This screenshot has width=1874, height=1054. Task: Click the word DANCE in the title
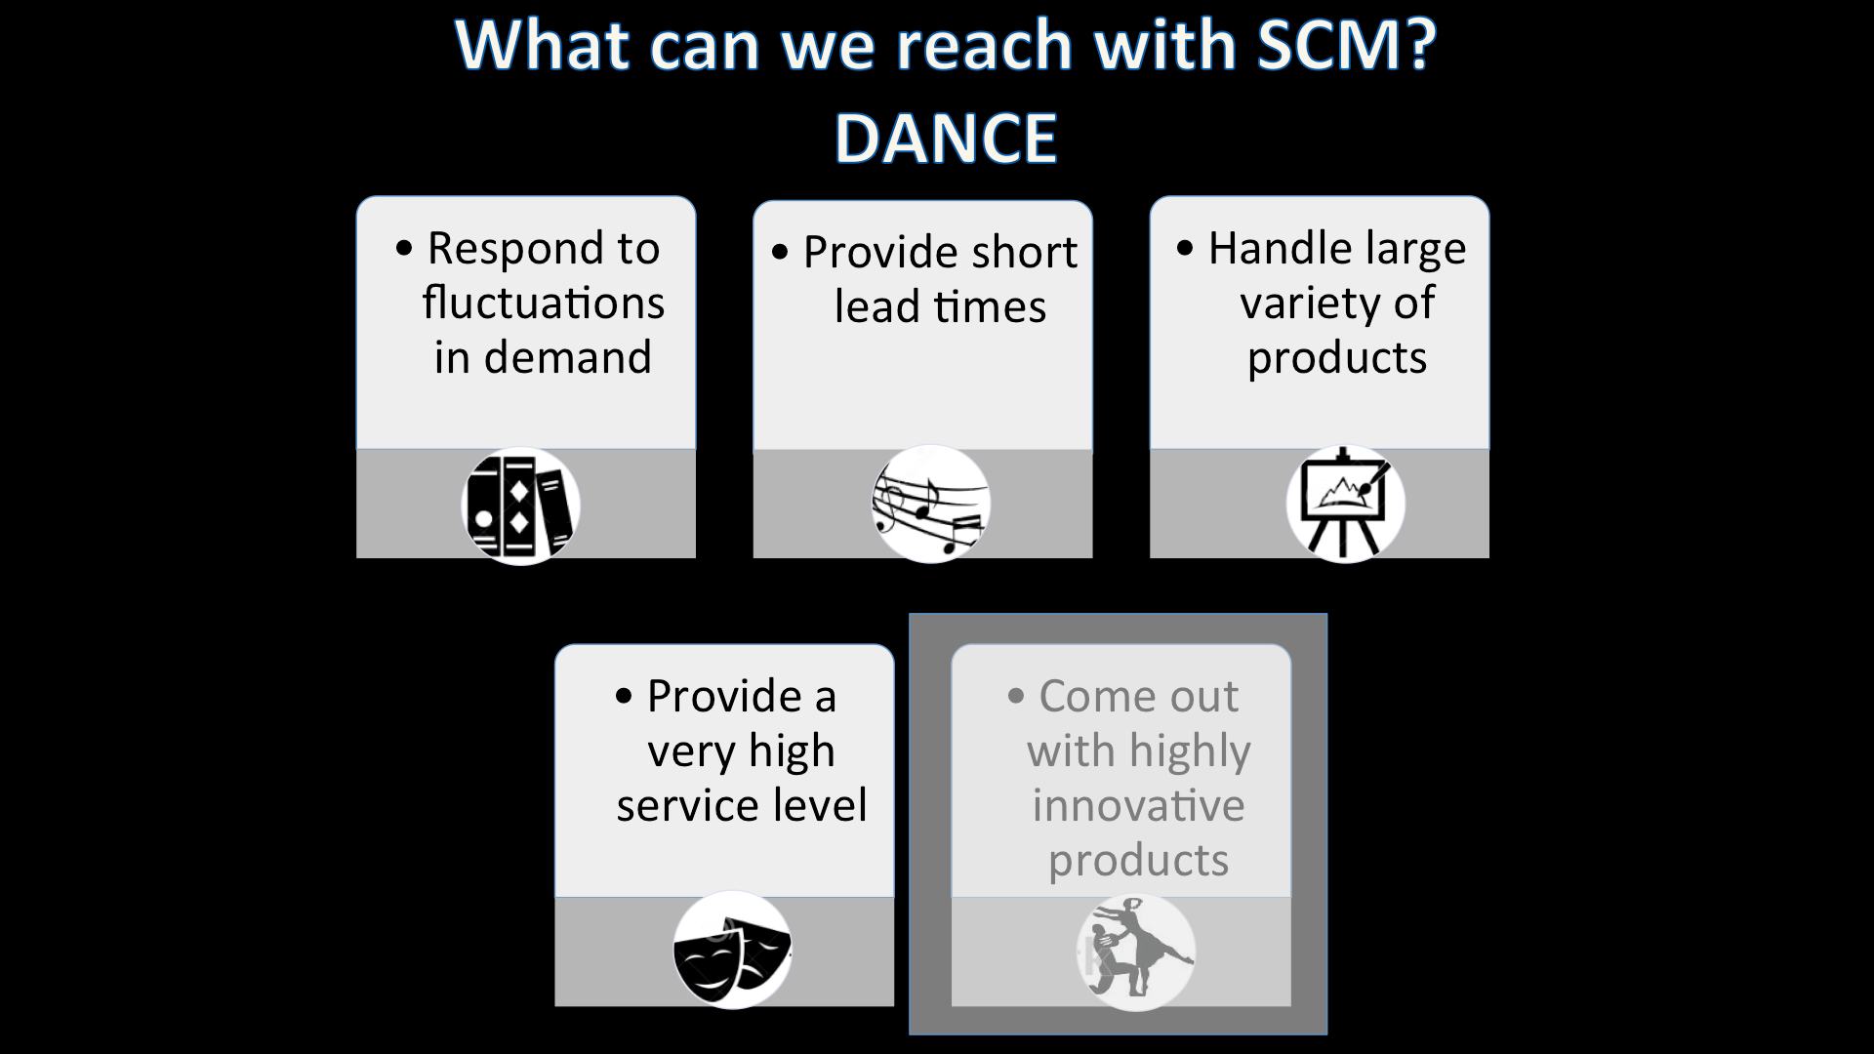tap(946, 138)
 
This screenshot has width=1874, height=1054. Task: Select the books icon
tap(520, 506)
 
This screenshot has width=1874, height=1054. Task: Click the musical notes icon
tap(930, 504)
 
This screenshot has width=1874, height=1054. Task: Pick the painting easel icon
tap(1345, 504)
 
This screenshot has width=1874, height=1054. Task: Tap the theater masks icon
tap(732, 951)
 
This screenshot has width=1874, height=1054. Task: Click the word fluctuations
tap(544, 304)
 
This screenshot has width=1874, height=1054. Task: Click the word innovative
tap(1138, 806)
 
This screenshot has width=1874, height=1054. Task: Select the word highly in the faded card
tap(1189, 752)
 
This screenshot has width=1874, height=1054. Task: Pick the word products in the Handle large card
tap(1336, 358)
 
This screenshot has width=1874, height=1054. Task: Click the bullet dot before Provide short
tap(779, 253)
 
